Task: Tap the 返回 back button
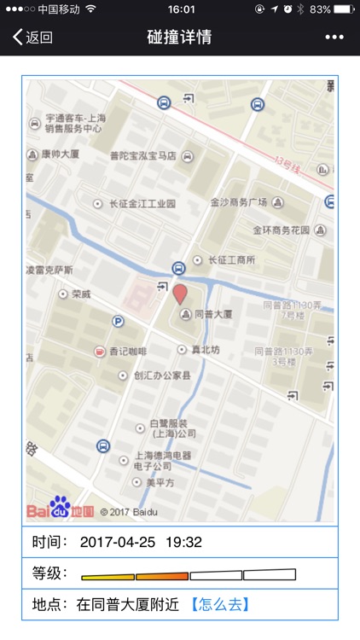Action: (x=32, y=38)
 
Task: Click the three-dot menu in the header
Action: (x=334, y=38)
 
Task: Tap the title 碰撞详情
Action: (x=179, y=38)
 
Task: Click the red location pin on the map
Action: (x=180, y=295)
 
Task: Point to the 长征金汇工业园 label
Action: (x=141, y=204)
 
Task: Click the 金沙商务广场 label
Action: (x=239, y=202)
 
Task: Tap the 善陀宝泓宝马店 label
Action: (x=143, y=156)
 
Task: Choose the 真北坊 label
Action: (x=204, y=350)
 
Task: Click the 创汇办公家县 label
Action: (x=162, y=375)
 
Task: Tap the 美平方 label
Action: (x=160, y=483)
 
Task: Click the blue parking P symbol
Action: (x=118, y=321)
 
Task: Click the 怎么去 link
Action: (x=219, y=604)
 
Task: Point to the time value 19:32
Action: (x=183, y=542)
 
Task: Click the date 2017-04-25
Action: (x=118, y=542)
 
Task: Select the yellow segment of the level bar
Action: (x=107, y=575)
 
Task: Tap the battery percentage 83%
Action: (x=321, y=9)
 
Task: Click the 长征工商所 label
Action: (x=232, y=259)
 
